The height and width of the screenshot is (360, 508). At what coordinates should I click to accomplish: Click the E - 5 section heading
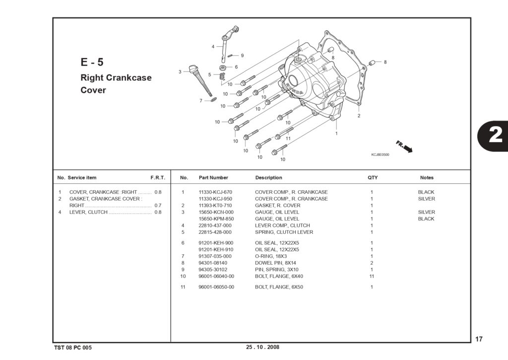[x=92, y=62]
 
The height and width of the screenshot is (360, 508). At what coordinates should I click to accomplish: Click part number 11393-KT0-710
[x=215, y=205]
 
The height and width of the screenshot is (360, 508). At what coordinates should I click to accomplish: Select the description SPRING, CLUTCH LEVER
[x=284, y=232]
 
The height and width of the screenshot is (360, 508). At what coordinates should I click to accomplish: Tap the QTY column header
[x=373, y=178]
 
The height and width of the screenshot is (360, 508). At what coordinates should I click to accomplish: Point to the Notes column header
[x=427, y=178]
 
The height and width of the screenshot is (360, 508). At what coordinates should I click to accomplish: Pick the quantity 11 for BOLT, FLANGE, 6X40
[x=372, y=276]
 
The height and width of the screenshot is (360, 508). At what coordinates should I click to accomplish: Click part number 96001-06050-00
[x=216, y=287]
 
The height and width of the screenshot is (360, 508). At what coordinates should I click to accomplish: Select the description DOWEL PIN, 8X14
[x=275, y=263]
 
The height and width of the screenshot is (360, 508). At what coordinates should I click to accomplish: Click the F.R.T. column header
[x=158, y=178]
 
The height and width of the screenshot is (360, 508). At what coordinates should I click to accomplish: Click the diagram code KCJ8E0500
[x=380, y=155]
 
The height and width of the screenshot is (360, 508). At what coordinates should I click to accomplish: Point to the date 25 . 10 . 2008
[x=262, y=347]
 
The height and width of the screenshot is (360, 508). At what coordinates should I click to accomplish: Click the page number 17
[x=479, y=339]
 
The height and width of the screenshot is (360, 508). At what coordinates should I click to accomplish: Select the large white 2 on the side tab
[x=496, y=135]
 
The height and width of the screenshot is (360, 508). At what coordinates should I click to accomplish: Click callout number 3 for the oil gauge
[x=180, y=72]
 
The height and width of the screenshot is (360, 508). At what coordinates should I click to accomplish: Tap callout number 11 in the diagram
[x=288, y=139]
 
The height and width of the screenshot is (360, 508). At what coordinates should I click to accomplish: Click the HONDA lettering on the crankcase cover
[x=295, y=89]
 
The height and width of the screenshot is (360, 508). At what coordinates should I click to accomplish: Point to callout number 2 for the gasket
[x=359, y=116]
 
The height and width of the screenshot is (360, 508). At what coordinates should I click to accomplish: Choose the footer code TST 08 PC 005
[x=73, y=348]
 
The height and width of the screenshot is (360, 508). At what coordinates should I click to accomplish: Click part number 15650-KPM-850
[x=216, y=219]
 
